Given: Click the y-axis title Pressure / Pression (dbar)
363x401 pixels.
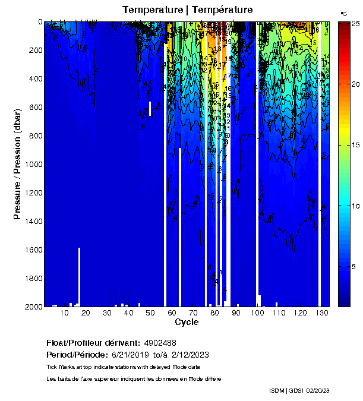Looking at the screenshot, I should point(17,164).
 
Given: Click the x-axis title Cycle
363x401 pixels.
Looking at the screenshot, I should point(182,323).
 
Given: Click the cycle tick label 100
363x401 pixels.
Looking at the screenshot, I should point(257,312).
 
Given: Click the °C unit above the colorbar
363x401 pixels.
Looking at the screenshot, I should point(343,13).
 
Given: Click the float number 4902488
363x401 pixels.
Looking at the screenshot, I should point(159,343).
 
